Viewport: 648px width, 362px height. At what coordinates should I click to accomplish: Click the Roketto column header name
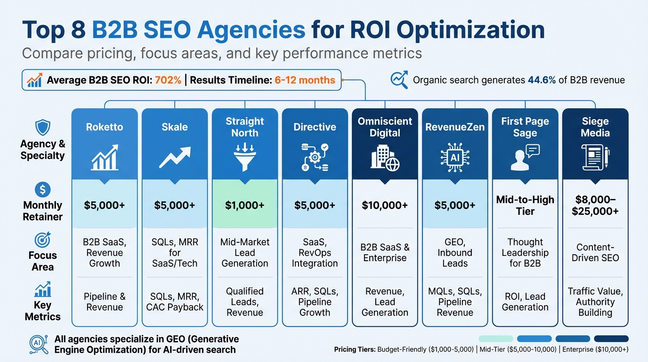tap(105, 127)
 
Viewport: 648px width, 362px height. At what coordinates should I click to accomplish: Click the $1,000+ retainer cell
tap(244, 205)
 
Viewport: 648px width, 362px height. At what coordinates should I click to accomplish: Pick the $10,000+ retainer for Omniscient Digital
tap(385, 205)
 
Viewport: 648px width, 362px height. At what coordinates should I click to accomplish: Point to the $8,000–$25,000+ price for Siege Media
tap(595, 205)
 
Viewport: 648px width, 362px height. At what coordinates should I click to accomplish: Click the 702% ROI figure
tap(168, 80)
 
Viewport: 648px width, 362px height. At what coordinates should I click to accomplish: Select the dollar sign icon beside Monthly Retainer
tap(43, 189)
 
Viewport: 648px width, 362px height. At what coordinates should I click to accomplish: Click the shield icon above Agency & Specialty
tap(43, 128)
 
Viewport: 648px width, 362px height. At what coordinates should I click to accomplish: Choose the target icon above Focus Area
tap(43, 240)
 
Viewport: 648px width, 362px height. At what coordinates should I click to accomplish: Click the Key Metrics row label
tap(43, 311)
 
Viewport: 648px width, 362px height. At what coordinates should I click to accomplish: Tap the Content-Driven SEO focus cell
tap(595, 253)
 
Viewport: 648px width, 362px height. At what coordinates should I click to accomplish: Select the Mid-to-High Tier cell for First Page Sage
tap(525, 205)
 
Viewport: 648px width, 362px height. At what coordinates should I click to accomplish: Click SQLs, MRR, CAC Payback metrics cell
tap(175, 302)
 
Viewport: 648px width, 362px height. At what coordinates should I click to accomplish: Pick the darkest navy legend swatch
tap(611, 338)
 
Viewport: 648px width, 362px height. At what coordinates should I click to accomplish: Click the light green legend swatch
tap(495, 338)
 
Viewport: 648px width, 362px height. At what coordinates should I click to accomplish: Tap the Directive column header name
tap(315, 127)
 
